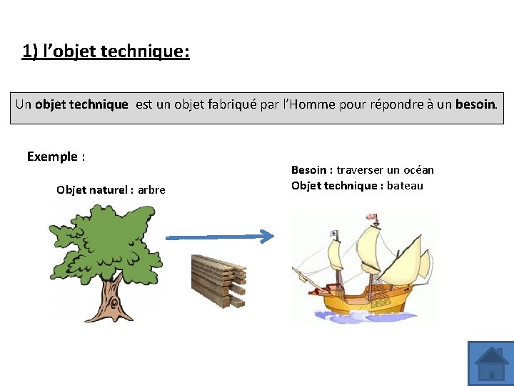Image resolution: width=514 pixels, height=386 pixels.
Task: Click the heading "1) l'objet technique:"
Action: (106, 51)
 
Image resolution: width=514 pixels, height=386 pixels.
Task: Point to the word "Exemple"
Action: (51, 157)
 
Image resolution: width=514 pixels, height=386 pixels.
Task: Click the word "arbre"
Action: (151, 189)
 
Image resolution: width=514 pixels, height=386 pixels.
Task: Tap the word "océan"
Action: (418, 170)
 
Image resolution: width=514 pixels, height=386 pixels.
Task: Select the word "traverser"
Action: (360, 170)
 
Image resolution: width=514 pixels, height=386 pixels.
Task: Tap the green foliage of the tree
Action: (107, 243)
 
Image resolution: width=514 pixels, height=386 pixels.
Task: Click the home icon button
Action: (491, 364)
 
